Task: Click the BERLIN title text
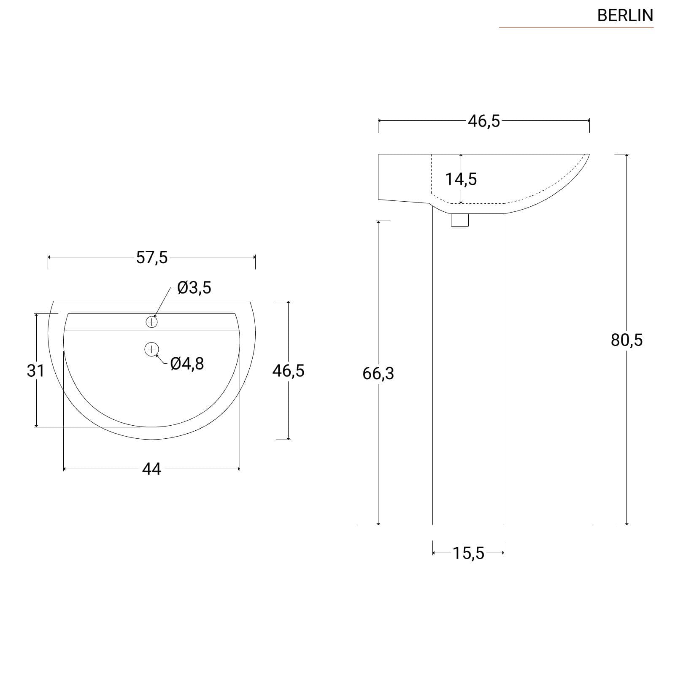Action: pyautogui.click(x=625, y=16)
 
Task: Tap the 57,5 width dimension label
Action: pyautogui.click(x=152, y=257)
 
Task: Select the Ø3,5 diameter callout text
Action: pyautogui.click(x=194, y=288)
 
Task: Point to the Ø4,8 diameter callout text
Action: pyautogui.click(x=187, y=363)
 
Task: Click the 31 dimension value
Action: pyautogui.click(x=35, y=371)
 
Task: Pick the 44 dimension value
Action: pyautogui.click(x=151, y=469)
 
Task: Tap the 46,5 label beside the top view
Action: pyautogui.click(x=288, y=371)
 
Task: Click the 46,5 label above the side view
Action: pyautogui.click(x=484, y=121)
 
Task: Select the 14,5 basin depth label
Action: pyautogui.click(x=461, y=179)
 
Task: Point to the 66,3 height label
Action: pyautogui.click(x=378, y=373)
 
